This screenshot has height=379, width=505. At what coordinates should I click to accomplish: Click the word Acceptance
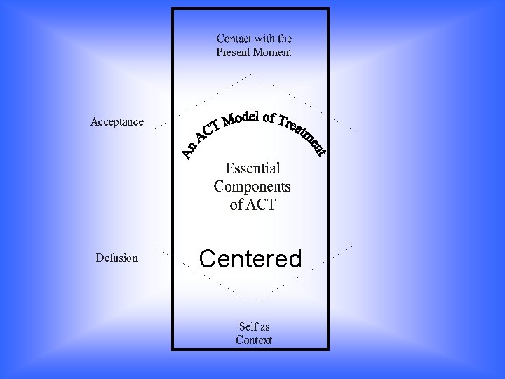click(117, 122)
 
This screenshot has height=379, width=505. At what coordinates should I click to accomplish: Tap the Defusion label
click(117, 258)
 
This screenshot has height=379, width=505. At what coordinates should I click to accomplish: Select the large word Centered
click(250, 259)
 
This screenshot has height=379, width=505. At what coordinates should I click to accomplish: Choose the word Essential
click(252, 168)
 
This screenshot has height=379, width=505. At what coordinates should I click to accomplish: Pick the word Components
click(252, 187)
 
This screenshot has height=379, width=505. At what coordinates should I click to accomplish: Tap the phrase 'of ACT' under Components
click(252, 205)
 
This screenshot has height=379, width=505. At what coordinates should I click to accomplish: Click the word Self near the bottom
click(246, 326)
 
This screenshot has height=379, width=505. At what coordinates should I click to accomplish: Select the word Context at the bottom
click(254, 340)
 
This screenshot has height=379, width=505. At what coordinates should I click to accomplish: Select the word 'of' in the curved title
click(269, 117)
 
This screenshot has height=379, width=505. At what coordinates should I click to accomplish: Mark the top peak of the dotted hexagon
click(252, 73)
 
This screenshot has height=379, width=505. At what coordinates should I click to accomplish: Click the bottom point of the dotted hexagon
click(253, 300)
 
